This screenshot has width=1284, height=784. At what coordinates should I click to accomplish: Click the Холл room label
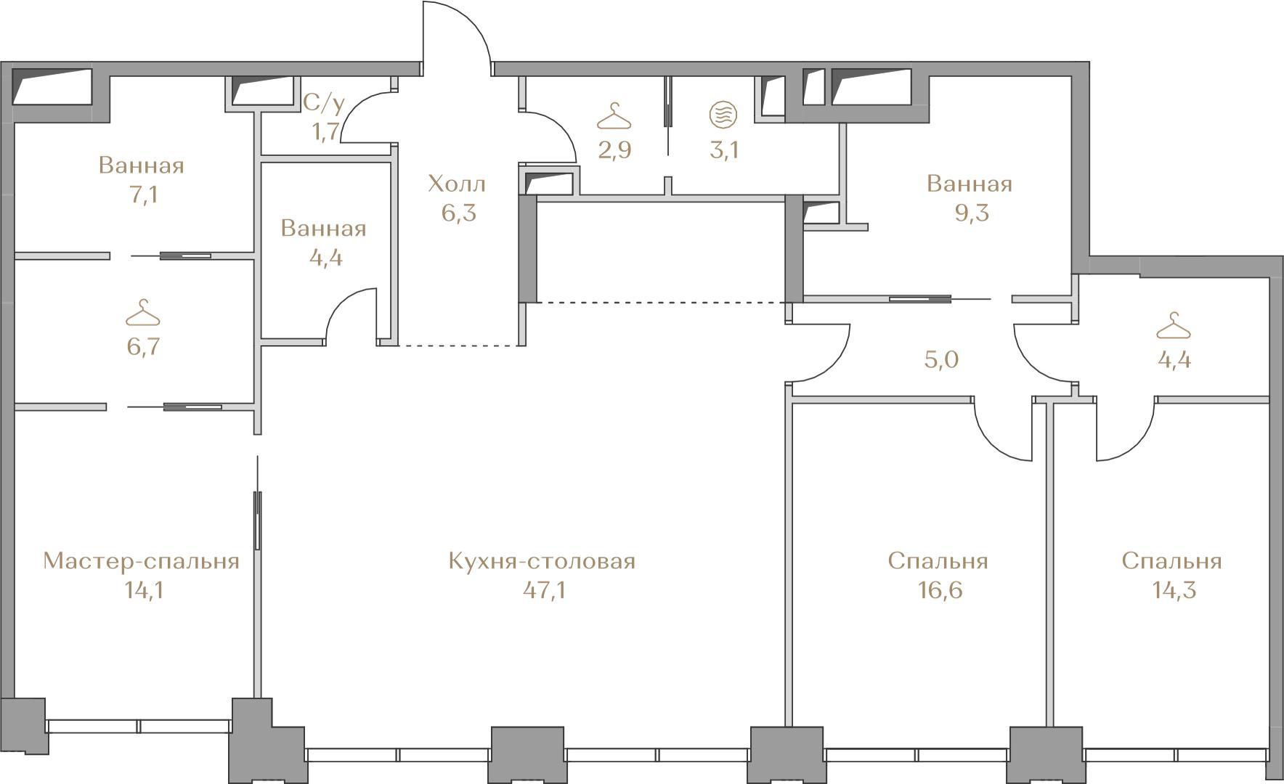(x=457, y=184)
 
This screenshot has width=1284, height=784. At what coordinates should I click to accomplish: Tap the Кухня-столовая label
(x=542, y=561)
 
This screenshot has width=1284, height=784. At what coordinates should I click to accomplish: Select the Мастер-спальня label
(x=141, y=561)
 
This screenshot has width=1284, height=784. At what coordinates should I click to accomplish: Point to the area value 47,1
(x=544, y=590)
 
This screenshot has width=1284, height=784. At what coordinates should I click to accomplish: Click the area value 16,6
(x=937, y=590)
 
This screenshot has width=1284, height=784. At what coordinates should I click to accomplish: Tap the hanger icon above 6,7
(x=142, y=313)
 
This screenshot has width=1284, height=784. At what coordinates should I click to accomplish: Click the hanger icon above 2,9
(x=614, y=115)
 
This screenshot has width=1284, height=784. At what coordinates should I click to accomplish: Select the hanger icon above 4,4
(x=1174, y=326)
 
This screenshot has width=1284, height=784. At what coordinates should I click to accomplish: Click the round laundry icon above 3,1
(x=723, y=115)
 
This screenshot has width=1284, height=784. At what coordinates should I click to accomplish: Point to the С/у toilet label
(x=324, y=104)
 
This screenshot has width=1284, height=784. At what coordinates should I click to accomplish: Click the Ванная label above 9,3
(x=970, y=184)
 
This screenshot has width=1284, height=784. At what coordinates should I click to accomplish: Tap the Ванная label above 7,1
(x=142, y=165)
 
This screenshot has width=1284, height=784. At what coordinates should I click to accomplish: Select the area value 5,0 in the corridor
(x=941, y=359)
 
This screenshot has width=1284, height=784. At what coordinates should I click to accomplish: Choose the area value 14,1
(x=144, y=590)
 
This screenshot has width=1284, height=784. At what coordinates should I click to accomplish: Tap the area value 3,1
(x=723, y=150)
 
